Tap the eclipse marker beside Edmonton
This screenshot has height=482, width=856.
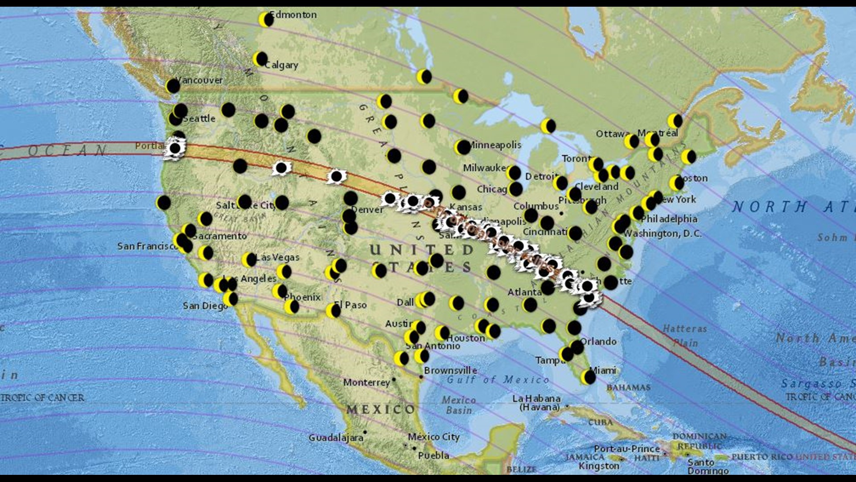point(266,20)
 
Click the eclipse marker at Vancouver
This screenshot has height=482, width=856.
point(173,86)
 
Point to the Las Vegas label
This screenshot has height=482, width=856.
point(278,257)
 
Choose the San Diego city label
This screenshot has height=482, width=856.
point(205,306)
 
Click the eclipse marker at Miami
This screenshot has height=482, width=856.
point(588,378)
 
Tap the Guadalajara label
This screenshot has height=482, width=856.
point(336,438)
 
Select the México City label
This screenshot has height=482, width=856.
point(433,437)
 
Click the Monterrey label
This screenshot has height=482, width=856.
point(366,382)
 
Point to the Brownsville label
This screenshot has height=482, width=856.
point(450,370)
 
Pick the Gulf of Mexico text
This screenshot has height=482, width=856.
point(498,380)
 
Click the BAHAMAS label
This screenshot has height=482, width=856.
point(628,387)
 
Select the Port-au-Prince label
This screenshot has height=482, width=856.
point(627,448)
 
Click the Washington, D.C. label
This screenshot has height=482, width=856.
point(663,233)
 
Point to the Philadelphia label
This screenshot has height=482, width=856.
point(669,219)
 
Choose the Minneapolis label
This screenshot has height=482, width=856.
point(494,145)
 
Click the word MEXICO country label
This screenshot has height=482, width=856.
point(380,409)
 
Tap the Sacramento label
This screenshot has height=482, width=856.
point(219,236)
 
